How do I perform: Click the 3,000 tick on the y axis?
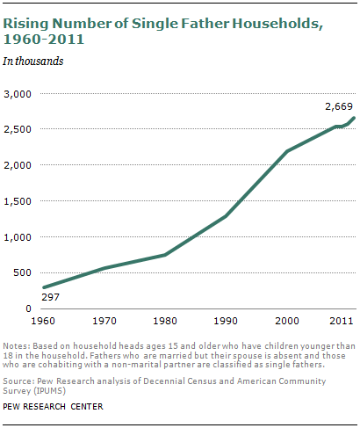click(18, 93)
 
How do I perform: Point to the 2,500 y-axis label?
click(18, 129)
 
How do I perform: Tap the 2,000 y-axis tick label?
click(18, 165)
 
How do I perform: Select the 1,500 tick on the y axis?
click(18, 201)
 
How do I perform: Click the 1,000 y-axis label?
click(18, 237)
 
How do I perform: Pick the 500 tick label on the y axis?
click(21, 273)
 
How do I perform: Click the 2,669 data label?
click(338, 106)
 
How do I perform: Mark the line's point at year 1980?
click(164, 255)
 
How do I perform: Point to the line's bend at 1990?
click(226, 216)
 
